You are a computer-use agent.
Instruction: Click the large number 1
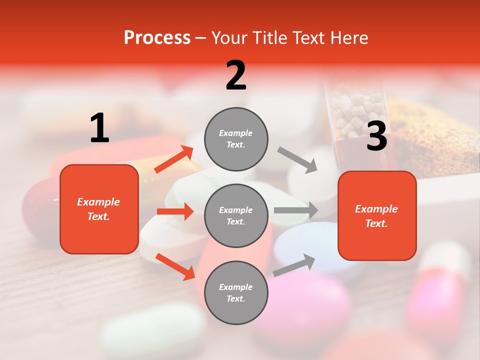click(99, 128)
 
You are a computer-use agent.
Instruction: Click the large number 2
click(236, 75)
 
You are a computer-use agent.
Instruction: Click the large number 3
click(376, 136)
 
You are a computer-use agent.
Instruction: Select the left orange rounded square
click(99, 209)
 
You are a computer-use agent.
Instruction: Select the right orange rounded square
click(377, 215)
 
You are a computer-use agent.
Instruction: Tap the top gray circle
click(236, 139)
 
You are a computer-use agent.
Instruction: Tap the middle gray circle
click(236, 215)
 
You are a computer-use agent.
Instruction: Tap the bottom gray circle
click(236, 292)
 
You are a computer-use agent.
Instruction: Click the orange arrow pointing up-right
click(174, 159)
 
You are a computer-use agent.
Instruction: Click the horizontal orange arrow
click(175, 211)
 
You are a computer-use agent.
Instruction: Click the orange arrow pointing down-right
click(175, 266)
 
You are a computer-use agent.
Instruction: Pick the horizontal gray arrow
click(296, 210)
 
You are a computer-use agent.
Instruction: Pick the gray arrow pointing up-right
click(294, 265)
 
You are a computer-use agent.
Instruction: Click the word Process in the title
click(157, 37)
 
